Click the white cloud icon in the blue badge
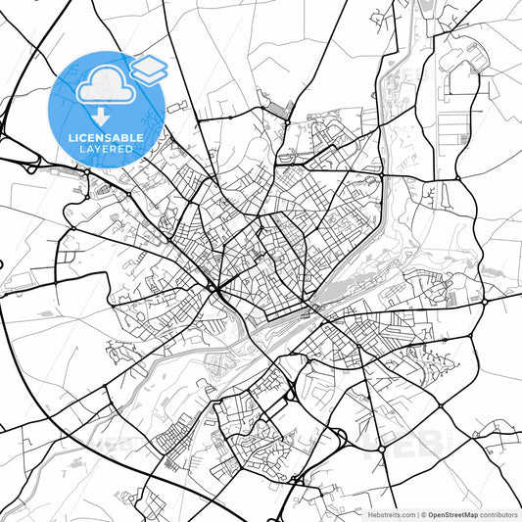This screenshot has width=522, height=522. point(105,86)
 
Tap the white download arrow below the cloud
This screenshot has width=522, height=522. point(106,117)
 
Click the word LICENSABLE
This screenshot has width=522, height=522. point(107,138)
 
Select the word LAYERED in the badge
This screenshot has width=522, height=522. point(107,149)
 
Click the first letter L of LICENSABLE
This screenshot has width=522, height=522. point(71,138)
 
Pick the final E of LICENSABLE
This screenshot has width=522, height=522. point(142,138)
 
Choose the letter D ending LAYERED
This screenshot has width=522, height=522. point(130,149)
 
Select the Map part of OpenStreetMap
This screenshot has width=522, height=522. point(468,513)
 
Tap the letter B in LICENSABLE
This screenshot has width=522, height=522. point(124,138)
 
